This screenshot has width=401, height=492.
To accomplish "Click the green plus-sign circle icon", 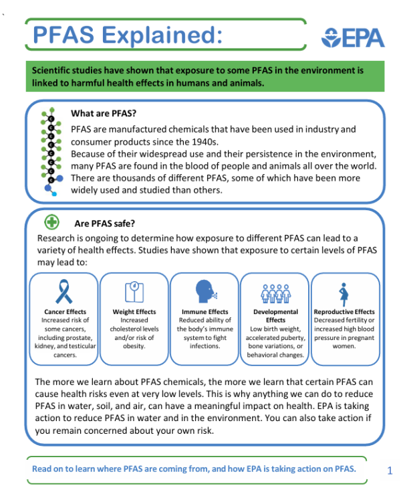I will pyautogui.click(x=51, y=222).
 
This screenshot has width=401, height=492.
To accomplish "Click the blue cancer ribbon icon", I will pyautogui.click(x=65, y=292).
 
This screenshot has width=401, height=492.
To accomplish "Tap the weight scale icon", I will pyautogui.click(x=134, y=292).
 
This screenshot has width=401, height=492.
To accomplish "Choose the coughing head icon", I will pyautogui.click(x=205, y=292).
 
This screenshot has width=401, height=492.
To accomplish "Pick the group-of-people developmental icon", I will pyautogui.click(x=275, y=293).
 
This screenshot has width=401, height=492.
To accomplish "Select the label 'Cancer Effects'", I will pyautogui.click(x=65, y=312).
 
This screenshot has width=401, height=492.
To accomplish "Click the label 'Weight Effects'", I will pyautogui.click(x=134, y=312).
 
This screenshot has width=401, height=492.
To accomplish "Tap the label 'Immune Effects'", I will pyautogui.click(x=205, y=312).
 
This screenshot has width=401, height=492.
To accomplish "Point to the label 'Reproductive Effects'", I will pyautogui.click(x=344, y=312).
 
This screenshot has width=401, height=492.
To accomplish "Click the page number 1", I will pyautogui.click(x=390, y=471).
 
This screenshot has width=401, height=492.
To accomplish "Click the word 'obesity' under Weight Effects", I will pyautogui.click(x=134, y=346).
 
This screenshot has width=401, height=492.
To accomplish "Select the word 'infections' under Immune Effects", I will pyautogui.click(x=205, y=346).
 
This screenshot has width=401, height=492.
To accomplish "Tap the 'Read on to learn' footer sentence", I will pyautogui.click(x=194, y=469).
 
